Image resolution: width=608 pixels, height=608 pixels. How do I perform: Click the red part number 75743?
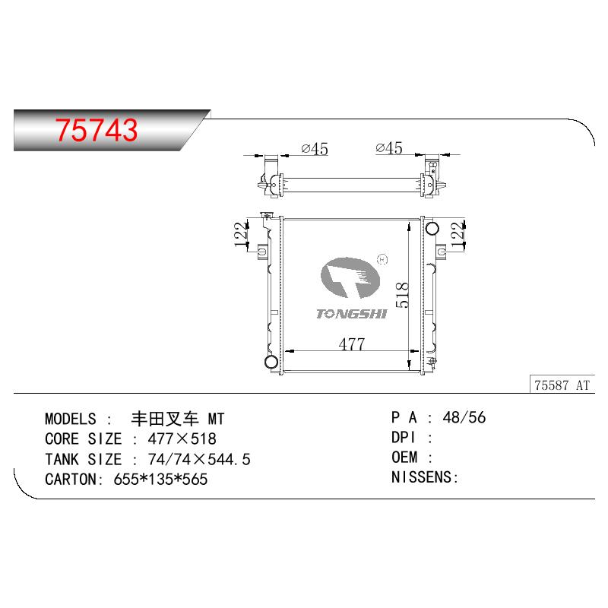tap(97, 129)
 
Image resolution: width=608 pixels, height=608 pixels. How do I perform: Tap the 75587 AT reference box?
tap(562, 385)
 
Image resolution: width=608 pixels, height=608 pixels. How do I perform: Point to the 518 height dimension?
tap(402, 295)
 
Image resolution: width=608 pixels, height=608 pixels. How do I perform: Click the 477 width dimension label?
tap(351, 344)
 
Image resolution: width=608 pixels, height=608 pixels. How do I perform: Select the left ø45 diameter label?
tap(315, 149)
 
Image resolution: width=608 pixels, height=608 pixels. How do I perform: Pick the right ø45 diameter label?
tap(389, 147)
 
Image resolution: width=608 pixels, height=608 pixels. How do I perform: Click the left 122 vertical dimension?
tap(241, 234)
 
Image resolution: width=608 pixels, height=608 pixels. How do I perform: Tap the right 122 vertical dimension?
tap(458, 234)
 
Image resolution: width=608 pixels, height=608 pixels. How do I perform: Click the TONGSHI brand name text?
tap(352, 314)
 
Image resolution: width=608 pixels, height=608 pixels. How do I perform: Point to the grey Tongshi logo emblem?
tap(350, 277)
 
